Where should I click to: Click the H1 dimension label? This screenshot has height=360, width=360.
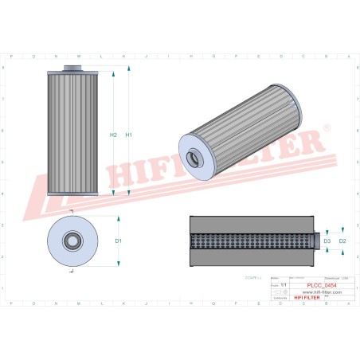click(x=128, y=135)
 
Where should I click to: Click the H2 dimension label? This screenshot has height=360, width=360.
click(x=113, y=135)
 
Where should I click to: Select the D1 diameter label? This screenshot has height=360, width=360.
click(x=118, y=240)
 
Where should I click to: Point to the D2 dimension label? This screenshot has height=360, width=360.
click(x=342, y=240)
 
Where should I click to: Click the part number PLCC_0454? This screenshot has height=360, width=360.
click(x=321, y=285)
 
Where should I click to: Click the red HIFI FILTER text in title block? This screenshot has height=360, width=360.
click(x=307, y=297)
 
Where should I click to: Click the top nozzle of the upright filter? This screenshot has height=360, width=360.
click(x=72, y=68)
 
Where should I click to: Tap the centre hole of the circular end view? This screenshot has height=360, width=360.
click(x=71, y=240)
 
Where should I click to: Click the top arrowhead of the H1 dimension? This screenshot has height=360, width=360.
click(x=121, y=71)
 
